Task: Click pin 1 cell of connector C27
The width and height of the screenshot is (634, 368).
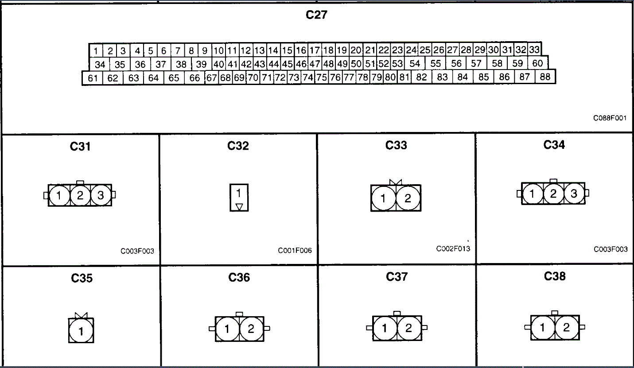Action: [96, 50]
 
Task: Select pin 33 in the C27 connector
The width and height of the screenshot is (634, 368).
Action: [534, 49]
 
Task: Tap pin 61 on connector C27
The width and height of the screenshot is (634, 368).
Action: [93, 78]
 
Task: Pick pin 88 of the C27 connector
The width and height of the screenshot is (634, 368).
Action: [545, 77]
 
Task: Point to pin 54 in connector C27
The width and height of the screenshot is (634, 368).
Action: [415, 63]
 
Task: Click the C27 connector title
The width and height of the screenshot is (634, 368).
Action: [317, 15]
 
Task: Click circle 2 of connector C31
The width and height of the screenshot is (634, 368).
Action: [80, 195]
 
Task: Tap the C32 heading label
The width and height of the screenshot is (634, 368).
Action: [238, 146]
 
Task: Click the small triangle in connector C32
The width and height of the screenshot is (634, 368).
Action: [239, 206]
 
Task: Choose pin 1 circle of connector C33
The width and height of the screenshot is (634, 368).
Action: [384, 198]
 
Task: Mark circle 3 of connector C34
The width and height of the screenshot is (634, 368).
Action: [574, 194]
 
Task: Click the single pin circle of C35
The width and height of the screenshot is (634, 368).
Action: [81, 331]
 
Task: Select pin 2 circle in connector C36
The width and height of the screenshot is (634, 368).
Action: [251, 329]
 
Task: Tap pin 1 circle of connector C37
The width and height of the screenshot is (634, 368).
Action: [385, 328]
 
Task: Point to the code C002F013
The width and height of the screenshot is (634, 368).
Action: [453, 248]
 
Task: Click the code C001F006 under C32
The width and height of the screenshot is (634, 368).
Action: [295, 251]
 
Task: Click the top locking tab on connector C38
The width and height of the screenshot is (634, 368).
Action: [554, 313]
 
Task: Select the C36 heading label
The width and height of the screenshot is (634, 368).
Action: [239, 277]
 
